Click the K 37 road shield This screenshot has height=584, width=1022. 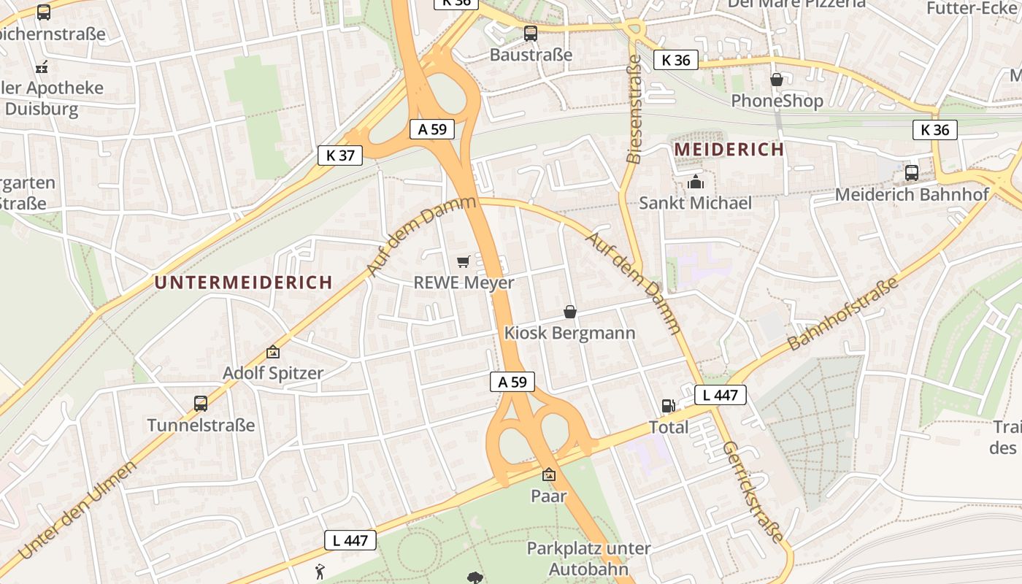[x=340, y=155]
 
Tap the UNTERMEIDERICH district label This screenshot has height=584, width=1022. [x=244, y=283]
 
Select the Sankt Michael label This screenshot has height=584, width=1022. [x=695, y=203]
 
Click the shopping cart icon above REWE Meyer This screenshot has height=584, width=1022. [x=463, y=261]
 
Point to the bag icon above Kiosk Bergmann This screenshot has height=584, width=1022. [x=570, y=312]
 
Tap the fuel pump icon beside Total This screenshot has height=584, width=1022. [x=667, y=406]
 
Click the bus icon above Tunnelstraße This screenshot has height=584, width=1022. [x=200, y=403]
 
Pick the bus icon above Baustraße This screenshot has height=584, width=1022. [x=531, y=33]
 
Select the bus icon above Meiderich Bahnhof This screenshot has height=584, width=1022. [x=912, y=173]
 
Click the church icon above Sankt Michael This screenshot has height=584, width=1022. [x=696, y=181]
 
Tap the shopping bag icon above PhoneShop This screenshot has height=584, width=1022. [x=777, y=79]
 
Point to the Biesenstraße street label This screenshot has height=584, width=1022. [x=634, y=109]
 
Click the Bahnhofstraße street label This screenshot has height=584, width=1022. [x=843, y=314]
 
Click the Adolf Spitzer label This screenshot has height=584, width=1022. [x=273, y=373]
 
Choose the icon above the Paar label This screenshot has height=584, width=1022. [x=548, y=474]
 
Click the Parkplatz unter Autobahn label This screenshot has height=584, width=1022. [x=588, y=558]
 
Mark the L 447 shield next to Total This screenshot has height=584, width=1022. [x=721, y=396]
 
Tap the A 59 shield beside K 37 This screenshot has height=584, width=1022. [x=432, y=129]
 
